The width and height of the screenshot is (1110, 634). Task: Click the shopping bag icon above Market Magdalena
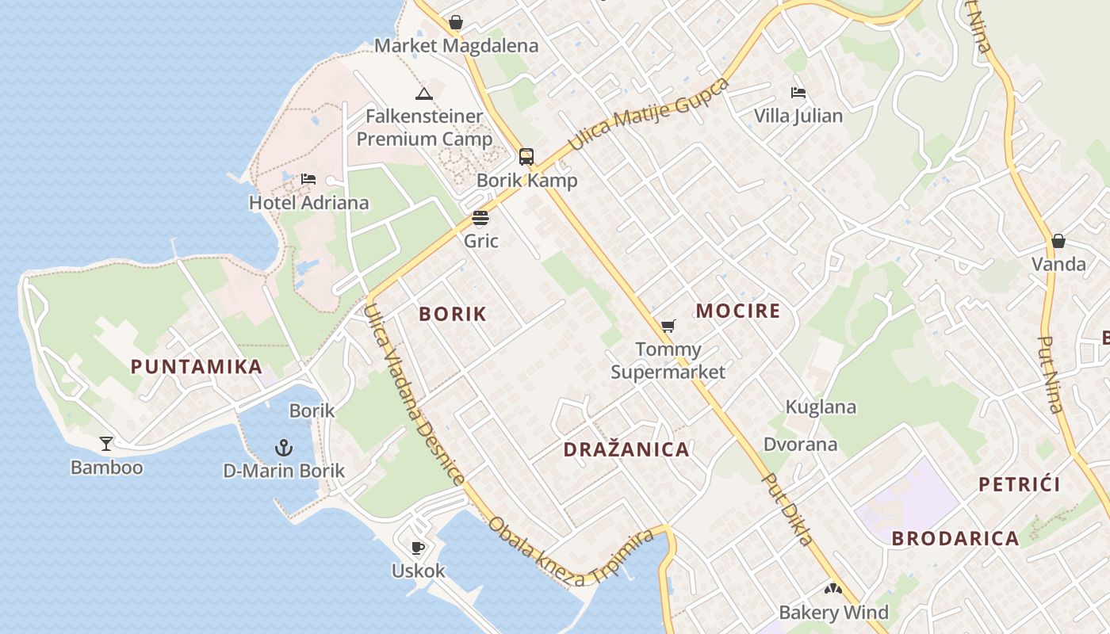[456, 22]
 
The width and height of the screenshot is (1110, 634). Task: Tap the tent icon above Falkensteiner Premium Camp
[424, 94]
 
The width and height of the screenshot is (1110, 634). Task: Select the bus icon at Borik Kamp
[526, 156]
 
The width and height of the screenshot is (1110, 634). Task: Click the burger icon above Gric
[480, 218]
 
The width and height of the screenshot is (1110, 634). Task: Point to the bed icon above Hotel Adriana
[308, 179]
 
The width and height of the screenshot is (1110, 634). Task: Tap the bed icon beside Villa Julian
[798, 93]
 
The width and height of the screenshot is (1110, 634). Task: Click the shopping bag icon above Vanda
[1058, 241]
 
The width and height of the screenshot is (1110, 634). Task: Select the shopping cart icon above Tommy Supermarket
[668, 326]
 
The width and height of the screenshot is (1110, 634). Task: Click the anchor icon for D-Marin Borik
[284, 448]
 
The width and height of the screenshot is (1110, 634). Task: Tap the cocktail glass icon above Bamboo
[106, 444]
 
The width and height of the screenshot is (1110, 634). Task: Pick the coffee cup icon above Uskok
[418, 548]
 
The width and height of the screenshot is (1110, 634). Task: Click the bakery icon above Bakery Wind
[832, 589]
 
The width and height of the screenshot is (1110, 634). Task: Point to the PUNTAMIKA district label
[197, 366]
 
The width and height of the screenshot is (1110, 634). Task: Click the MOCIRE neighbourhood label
[738, 311]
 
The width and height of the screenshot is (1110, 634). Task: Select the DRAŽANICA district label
[626, 449]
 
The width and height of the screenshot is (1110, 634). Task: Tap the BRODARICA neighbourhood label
[955, 538]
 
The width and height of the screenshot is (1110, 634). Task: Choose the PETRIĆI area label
[1019, 484]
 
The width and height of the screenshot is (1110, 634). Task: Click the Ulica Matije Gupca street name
[649, 115]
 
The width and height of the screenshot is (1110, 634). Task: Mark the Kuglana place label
[821, 407]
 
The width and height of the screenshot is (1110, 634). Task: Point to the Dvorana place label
[800, 444]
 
